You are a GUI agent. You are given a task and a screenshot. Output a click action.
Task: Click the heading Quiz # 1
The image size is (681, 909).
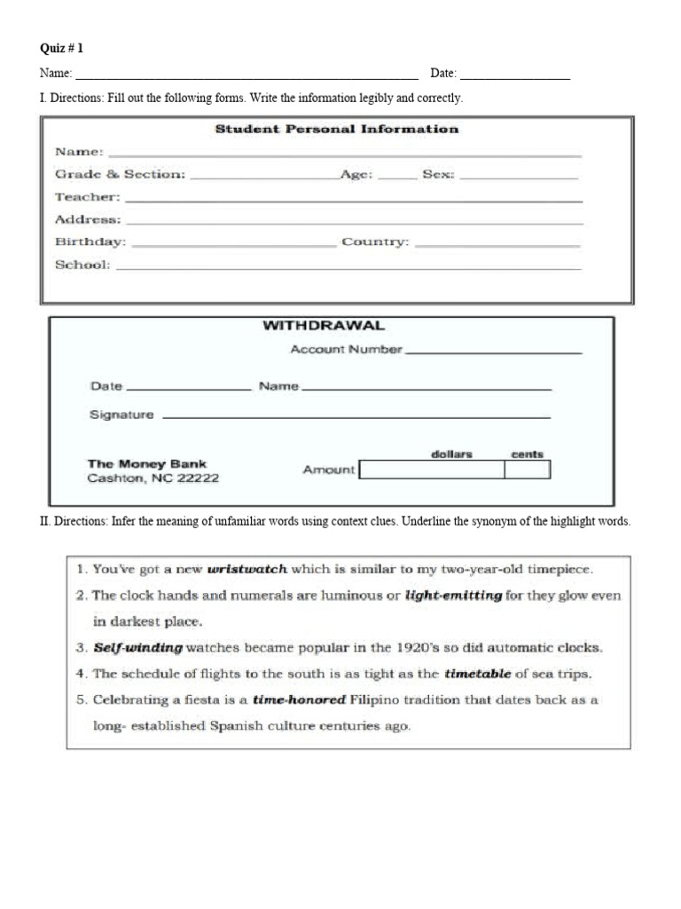coord(62,49)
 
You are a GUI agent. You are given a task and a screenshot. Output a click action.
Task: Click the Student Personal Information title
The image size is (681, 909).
coord(337,129)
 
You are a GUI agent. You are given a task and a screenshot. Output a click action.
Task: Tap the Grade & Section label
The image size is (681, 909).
coord(120,175)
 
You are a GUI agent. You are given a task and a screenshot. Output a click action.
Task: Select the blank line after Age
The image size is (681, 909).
coord(397,177)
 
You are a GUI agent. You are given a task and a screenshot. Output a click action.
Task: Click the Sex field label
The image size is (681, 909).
coord(438,175)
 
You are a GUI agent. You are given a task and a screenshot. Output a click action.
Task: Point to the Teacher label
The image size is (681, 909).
coord(87,197)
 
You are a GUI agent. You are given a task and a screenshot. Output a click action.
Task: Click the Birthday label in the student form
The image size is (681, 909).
coord(90,241)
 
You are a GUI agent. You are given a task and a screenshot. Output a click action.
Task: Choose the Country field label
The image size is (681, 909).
coord(375,241)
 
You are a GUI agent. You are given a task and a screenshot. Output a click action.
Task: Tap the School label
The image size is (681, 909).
coord(82,265)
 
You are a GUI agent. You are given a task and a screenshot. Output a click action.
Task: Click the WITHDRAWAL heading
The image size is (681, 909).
coord(324,326)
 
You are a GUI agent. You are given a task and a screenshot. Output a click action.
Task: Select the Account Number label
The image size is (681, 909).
coord(346,350)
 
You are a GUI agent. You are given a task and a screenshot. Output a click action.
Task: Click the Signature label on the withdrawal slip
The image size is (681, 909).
coord(121,415)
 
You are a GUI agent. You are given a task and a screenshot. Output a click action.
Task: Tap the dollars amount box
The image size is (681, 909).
coord(431,470)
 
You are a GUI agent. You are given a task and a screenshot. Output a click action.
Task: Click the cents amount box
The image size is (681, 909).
coord(527,470)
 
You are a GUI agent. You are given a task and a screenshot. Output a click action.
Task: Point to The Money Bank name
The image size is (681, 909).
coord(146,463)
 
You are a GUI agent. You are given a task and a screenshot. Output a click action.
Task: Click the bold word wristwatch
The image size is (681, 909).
coord(247,569)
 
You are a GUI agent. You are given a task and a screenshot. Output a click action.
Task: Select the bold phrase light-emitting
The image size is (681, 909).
coord(453,596)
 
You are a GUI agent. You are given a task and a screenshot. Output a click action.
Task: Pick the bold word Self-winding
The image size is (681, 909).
coord(138,648)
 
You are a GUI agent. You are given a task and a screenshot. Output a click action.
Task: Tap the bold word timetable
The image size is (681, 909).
coord(477,674)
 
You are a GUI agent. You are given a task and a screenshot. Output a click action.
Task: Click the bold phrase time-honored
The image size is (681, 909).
coord(299,700)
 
